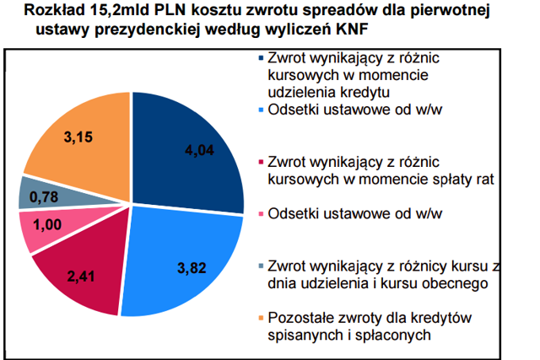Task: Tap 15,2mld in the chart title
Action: click(123, 11)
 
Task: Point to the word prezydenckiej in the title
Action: click(143, 30)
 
